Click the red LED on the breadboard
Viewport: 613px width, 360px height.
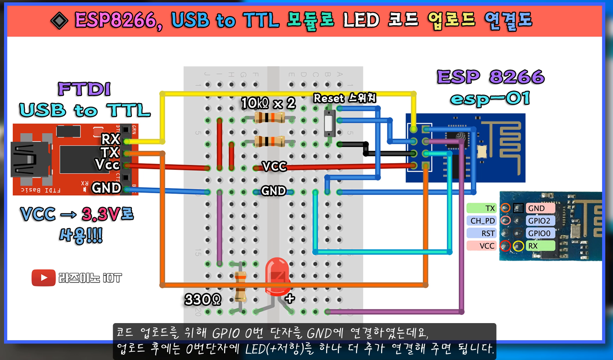coord(277,276)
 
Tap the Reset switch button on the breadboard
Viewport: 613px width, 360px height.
coord(329,123)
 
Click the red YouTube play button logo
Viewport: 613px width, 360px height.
coord(44,278)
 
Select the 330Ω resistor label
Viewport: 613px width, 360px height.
coord(203,299)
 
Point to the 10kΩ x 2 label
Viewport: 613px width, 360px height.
coord(268,103)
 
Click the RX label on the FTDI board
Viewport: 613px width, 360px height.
coord(110,139)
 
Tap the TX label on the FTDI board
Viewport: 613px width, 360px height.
coord(110,152)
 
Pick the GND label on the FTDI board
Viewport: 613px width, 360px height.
coord(106,188)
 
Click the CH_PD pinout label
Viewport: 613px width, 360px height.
coord(482,220)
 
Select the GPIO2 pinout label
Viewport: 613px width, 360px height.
coord(539,220)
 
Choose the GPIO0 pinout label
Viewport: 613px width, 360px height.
coord(539,233)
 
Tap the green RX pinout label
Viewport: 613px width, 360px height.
coord(539,246)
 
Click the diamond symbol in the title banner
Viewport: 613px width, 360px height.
coord(59,21)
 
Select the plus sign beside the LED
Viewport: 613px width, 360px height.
coord(290,298)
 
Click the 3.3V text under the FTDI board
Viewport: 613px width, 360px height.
coord(100,214)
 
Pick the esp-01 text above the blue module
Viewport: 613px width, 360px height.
coord(490,99)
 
